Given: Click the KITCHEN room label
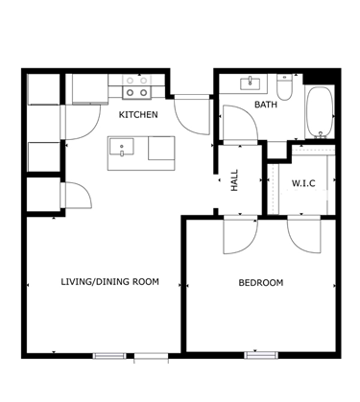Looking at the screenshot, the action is tap(138, 114).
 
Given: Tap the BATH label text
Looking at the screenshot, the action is tap(266, 105).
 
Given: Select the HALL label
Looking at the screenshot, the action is tap(234, 180).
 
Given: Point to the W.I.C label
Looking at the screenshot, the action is tap(303, 183).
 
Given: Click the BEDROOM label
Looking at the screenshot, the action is tap(261, 283).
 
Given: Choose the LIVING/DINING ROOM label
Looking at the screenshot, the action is tap(109, 282).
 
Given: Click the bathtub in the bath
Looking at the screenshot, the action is tap(320, 112).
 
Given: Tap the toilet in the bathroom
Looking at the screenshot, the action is tap(284, 87).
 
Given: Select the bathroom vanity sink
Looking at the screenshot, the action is tap(251, 83).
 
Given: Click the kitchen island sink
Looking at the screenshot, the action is tap(122, 147).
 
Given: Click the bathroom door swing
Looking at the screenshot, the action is tap(240, 122).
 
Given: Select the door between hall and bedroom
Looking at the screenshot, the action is tap(240, 235).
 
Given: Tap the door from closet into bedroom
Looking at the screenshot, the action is tap(304, 235).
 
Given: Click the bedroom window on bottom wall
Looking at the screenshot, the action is tap(261, 355).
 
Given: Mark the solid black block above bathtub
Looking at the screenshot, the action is tap(320, 78).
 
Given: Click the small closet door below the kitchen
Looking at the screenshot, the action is tap(77, 195).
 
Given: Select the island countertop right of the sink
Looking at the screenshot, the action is tap(161, 148).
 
